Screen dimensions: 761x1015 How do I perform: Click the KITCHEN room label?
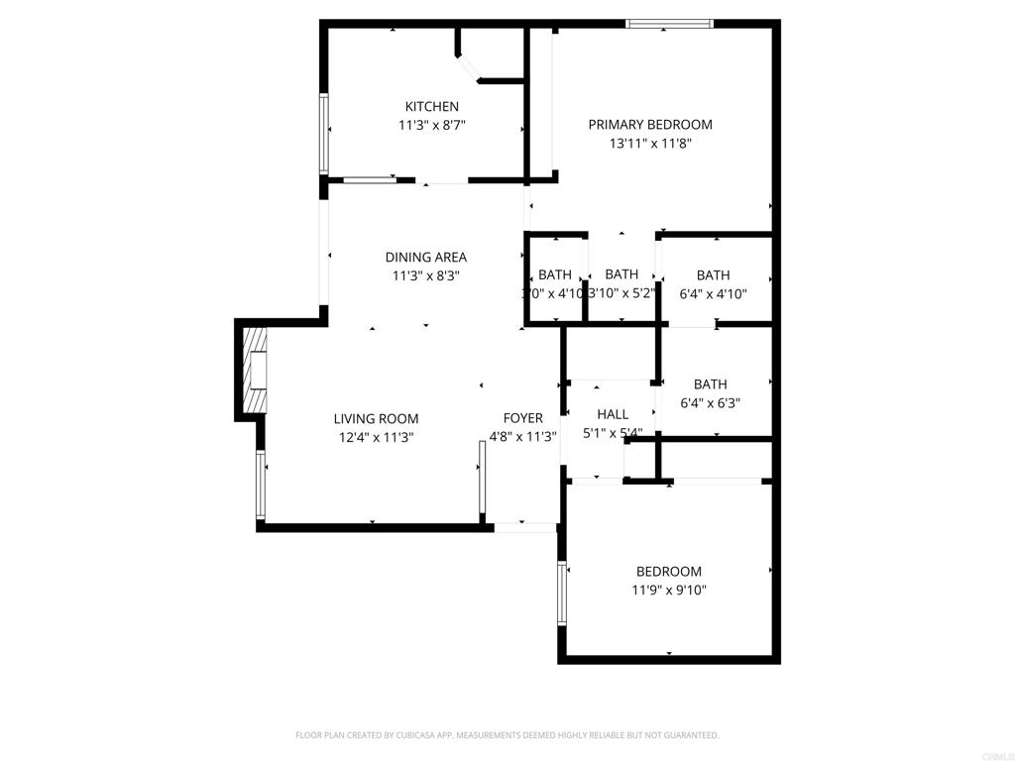coord(431,107)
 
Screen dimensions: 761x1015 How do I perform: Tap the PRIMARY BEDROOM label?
coord(650,125)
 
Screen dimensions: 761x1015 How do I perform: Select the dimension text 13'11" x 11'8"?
coord(650,144)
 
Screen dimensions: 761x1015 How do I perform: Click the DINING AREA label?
coord(425,258)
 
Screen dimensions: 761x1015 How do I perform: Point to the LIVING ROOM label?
coord(376,419)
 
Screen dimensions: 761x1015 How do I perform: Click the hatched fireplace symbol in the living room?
coord(257,371)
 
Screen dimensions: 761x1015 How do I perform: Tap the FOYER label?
coord(522,418)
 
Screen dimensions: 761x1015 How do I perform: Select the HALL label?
coord(613,414)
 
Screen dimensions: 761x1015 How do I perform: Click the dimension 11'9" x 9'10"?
coord(669,591)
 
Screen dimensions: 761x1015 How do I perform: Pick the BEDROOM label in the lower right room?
coord(669,572)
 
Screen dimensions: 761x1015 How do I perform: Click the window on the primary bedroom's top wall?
coord(670,24)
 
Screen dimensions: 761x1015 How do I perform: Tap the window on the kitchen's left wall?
coord(323,134)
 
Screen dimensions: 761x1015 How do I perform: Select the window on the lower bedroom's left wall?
coord(562,593)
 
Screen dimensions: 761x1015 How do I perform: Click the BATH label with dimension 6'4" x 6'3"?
coord(711,384)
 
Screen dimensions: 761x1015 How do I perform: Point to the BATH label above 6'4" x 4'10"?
coord(713,275)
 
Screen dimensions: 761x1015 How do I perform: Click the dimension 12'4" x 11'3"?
coord(376,437)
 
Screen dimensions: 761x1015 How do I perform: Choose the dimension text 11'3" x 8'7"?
coord(431,126)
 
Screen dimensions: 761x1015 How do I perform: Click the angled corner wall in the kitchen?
coord(469,68)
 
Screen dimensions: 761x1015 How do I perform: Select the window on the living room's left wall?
coord(261,485)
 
